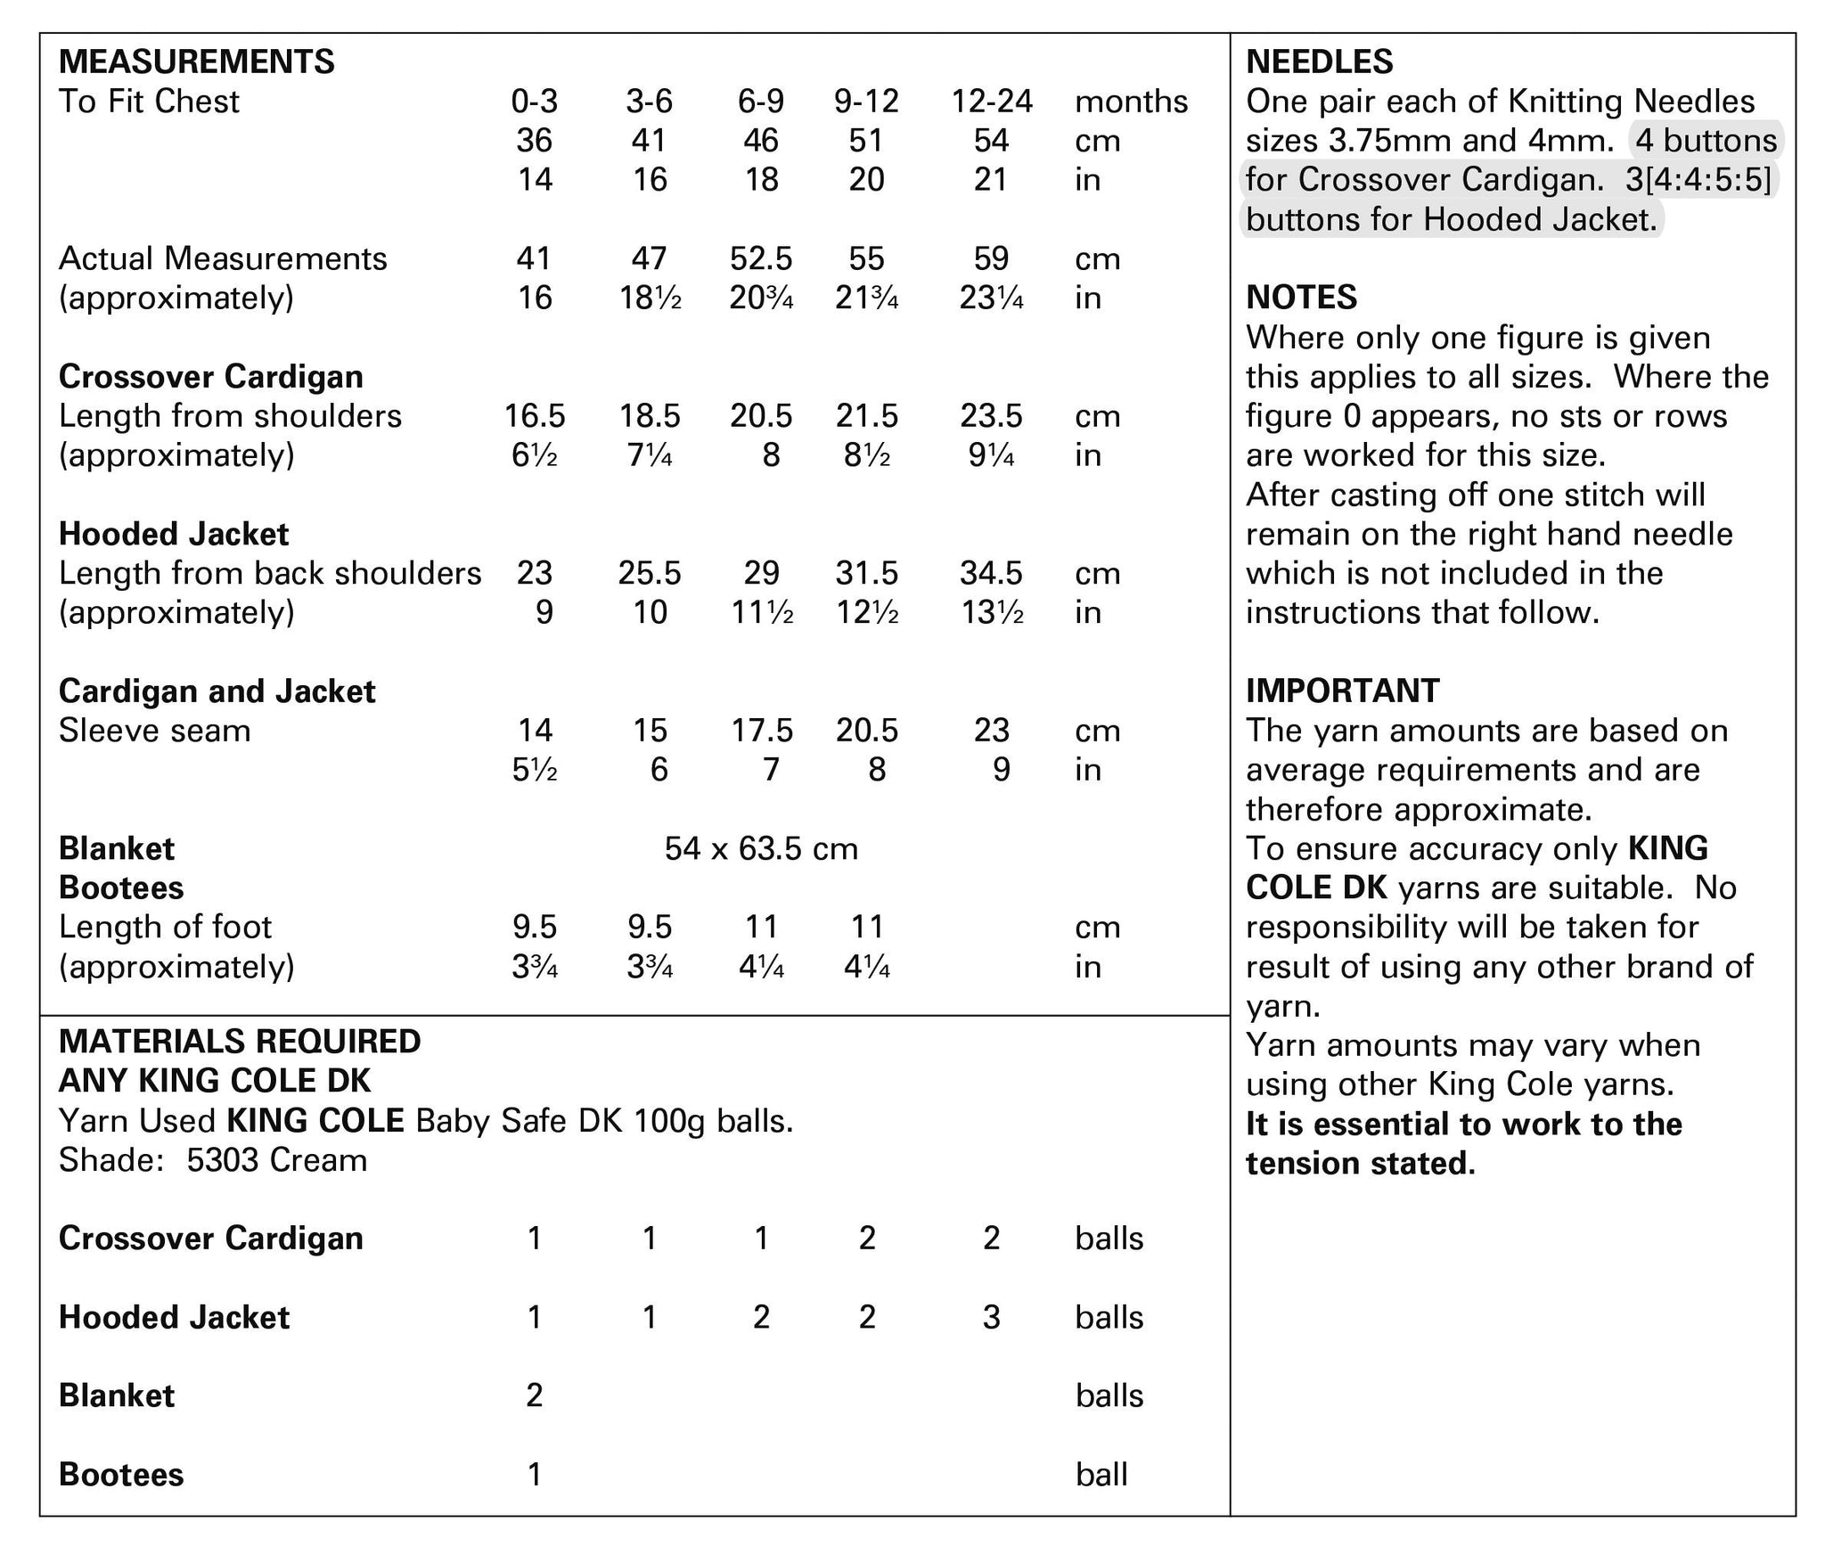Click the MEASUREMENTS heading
click(x=196, y=61)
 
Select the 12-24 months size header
click(x=991, y=102)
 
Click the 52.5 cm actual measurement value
click(x=760, y=258)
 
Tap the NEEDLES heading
click(x=1319, y=61)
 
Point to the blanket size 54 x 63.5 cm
click(x=761, y=848)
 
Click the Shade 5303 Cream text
click(x=212, y=1160)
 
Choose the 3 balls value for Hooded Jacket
click(x=991, y=1317)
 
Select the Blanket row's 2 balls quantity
click(x=534, y=1395)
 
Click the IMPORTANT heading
click(x=1342, y=691)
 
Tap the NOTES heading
click(x=1301, y=298)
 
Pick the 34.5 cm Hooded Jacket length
click(x=991, y=573)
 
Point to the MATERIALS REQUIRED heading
click(x=239, y=1042)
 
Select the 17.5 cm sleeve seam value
click(x=760, y=731)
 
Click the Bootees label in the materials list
click(x=121, y=1475)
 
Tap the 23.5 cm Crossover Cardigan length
click(x=991, y=416)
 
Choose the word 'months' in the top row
click(x=1131, y=102)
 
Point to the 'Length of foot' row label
click(x=165, y=928)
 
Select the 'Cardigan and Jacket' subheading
click(x=217, y=691)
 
